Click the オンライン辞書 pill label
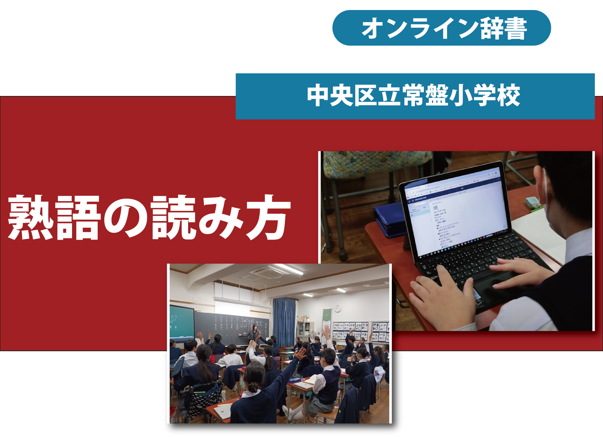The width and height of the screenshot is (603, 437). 442,28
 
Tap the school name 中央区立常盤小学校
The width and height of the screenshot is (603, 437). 415,96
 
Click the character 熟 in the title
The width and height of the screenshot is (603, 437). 30,218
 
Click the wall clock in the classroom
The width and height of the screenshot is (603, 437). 338,308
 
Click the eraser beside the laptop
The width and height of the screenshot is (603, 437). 533,202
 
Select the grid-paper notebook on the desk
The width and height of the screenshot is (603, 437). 540,235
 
